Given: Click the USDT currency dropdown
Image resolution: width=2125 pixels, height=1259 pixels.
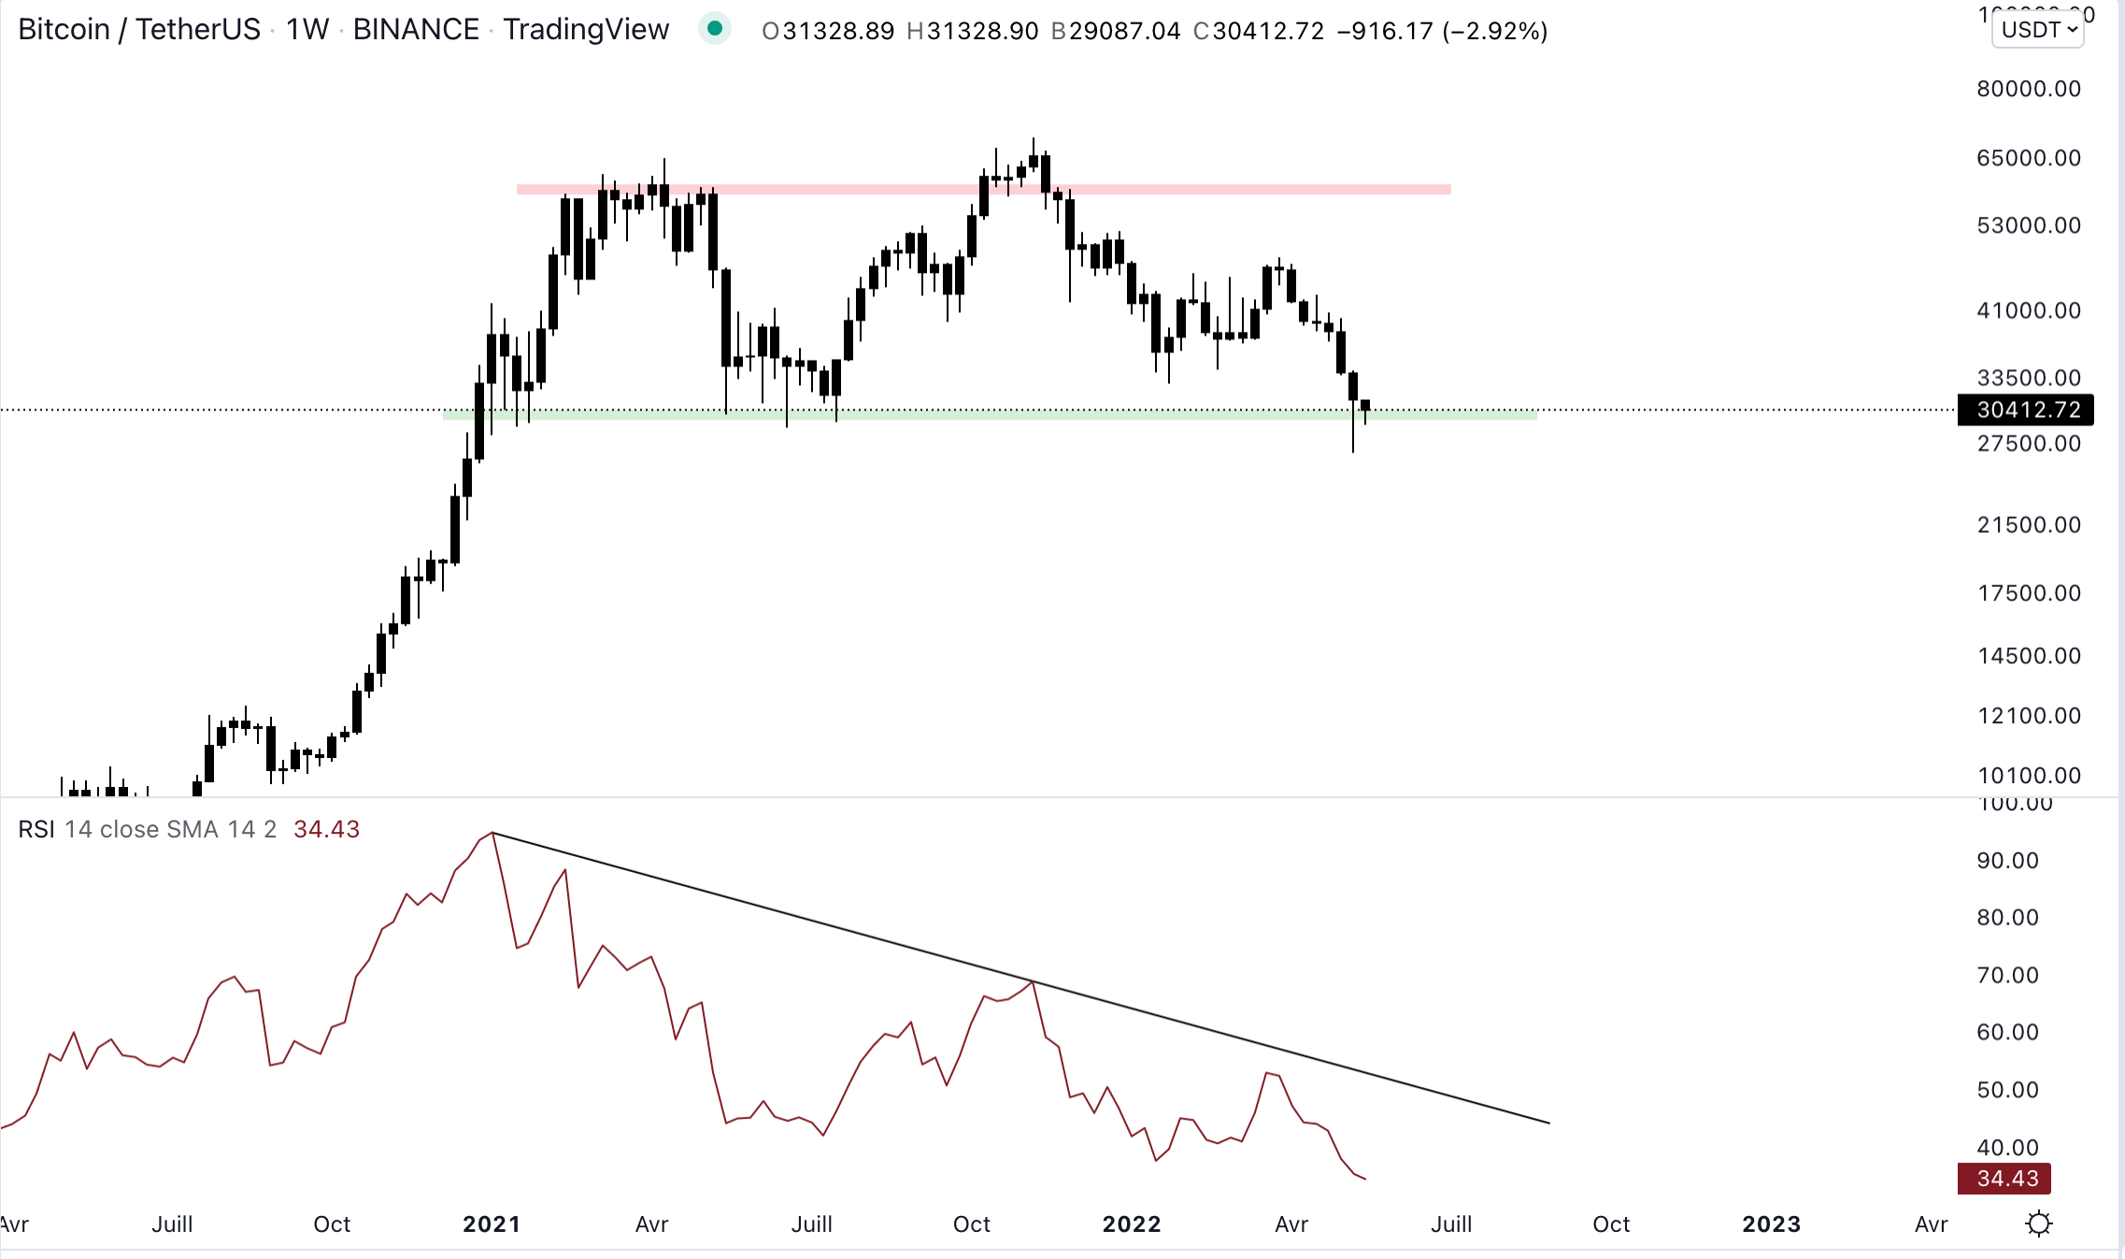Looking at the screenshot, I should point(2039,30).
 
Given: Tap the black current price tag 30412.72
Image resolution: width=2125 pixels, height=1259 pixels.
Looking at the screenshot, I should point(2026,409).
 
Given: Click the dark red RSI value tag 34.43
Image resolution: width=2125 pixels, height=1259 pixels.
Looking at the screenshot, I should point(2004,1178).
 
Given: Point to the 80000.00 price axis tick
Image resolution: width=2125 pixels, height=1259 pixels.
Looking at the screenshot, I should point(2028,89).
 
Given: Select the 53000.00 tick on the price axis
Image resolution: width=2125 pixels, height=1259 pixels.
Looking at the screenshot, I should point(2028,225).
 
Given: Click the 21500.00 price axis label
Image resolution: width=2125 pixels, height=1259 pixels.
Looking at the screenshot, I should point(2028,524).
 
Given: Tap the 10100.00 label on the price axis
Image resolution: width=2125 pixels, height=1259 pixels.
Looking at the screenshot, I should point(2028,775).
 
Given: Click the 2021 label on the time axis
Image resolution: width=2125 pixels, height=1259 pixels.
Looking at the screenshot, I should point(492,1223).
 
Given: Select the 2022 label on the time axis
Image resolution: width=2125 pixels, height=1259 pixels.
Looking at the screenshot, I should point(1132,1223).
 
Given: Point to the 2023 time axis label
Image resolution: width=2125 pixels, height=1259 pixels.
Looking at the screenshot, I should point(1771,1223).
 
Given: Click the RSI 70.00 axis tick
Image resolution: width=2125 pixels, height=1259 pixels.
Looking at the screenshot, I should point(2007,975).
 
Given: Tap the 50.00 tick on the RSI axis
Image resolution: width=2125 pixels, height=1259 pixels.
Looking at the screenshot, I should point(2007,1089).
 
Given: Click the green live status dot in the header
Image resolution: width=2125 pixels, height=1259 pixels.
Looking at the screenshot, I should point(715,29).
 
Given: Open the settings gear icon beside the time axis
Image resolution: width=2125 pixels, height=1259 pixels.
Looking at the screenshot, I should point(2039,1223).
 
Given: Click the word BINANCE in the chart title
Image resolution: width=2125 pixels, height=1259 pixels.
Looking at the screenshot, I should point(416,30).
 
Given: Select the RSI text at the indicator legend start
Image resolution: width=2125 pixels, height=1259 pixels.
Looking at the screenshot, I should point(36,829).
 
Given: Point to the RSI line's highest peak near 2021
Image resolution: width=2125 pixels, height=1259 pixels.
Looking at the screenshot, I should point(492,832).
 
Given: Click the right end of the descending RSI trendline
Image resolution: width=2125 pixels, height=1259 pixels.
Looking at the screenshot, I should point(1548,1123).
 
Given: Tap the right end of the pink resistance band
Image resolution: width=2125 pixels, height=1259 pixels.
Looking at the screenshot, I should point(1448,190).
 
